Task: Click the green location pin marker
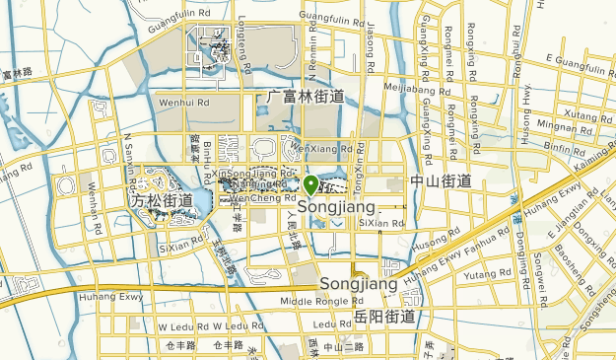(310, 184)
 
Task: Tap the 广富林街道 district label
(306, 97)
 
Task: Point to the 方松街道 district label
(163, 200)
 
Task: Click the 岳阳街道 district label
(383, 317)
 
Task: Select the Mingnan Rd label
(558, 127)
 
